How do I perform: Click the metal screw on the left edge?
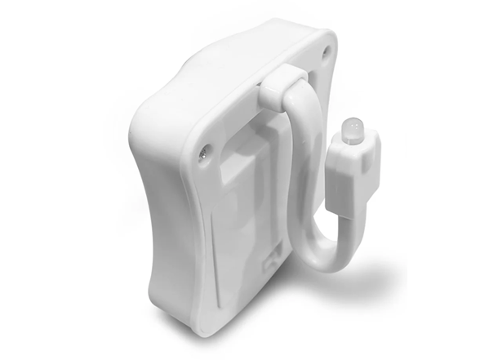tap(204, 150)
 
